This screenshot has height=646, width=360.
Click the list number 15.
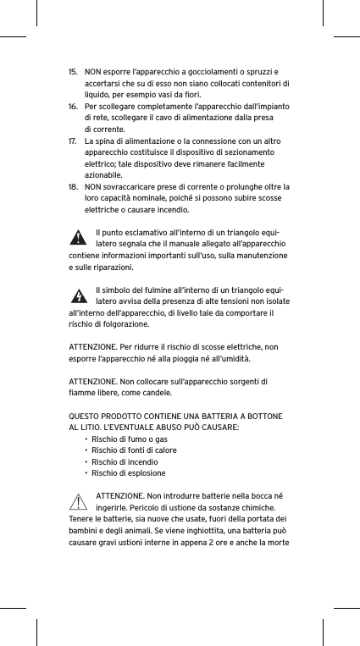(x=72, y=71)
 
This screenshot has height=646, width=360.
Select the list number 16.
(x=72, y=107)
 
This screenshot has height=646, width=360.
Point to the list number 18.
(x=72, y=186)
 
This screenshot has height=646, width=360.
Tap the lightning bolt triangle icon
(x=78, y=296)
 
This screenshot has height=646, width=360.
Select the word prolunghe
(x=236, y=186)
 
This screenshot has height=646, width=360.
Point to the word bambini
(x=83, y=531)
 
